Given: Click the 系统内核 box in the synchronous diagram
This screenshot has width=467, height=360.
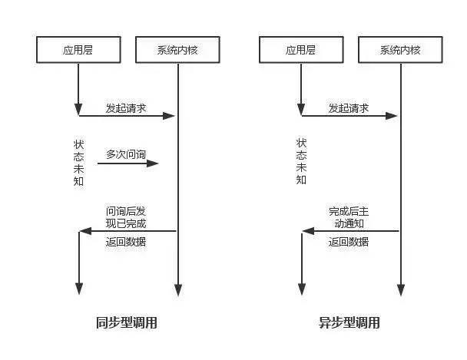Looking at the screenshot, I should pos(178,50).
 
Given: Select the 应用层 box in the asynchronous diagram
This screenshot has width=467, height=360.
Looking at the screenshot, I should pos(301,50).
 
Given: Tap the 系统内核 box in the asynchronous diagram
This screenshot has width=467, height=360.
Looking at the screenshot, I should pos(400,50).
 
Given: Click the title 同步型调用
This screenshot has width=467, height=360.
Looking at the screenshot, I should pos(127,322).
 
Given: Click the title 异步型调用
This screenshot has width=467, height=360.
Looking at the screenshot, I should pos(349,322).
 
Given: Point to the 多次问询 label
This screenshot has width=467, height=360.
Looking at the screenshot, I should pos(126,154).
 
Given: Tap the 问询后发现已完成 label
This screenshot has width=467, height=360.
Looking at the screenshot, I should pos(126,217).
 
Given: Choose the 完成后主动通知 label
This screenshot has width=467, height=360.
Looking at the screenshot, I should pos(349,217).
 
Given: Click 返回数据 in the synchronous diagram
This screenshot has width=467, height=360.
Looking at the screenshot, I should pos(126,242).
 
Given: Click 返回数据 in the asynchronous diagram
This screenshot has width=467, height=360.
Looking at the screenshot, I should pos(349,242).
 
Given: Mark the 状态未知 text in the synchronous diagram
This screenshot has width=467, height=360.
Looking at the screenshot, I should pos(79,163).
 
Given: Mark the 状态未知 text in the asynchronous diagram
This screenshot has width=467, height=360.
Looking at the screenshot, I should pos(301,162).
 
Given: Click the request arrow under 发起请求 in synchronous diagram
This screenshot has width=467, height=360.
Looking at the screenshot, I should pos(128,116).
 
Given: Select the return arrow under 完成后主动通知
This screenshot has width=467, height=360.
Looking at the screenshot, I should pos(350,230).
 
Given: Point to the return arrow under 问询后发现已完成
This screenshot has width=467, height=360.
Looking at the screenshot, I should pos(128,230).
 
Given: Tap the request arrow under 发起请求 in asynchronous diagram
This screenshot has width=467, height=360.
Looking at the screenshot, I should pos(349,116).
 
